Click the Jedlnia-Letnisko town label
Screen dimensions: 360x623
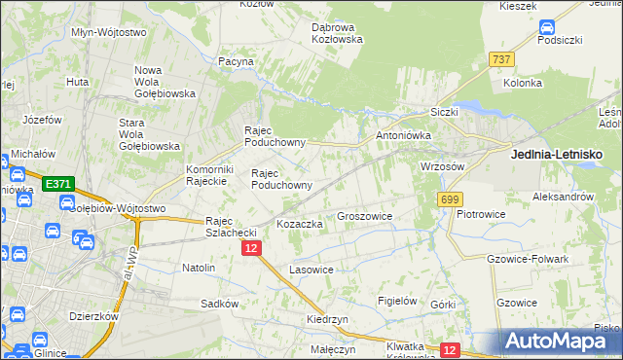[x=556, y=154]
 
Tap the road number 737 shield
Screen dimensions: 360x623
[x=502, y=60]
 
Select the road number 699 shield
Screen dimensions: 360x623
[x=449, y=199]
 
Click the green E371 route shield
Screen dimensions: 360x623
[x=57, y=184]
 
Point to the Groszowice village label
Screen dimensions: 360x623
[x=364, y=217]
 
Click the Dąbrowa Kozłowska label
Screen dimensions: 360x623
[x=337, y=33]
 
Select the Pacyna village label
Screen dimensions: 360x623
[x=237, y=61]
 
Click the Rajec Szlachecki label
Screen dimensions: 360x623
[x=230, y=227]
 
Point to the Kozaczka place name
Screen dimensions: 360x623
[x=299, y=224]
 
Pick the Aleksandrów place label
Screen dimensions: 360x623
[x=563, y=196]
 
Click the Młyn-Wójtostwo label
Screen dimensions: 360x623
[x=109, y=32]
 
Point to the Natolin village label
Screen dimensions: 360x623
[x=199, y=266]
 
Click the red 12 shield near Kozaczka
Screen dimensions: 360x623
[x=251, y=249]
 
